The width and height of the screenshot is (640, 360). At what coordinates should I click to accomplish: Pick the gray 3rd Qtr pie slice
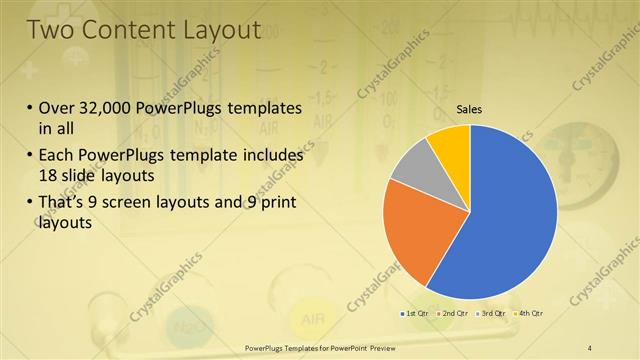pyautogui.click(x=412, y=164)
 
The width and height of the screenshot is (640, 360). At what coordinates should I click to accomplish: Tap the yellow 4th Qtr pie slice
pyautogui.click(x=450, y=142)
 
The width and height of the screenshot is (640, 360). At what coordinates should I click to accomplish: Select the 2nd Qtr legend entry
pyautogui.click(x=453, y=313)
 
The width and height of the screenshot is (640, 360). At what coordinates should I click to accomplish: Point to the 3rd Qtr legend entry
pyautogui.click(x=490, y=313)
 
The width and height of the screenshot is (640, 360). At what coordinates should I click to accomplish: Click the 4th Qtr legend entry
pyautogui.click(x=527, y=313)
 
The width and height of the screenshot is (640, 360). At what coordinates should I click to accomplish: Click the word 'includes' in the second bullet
pyautogui.click(x=271, y=156)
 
